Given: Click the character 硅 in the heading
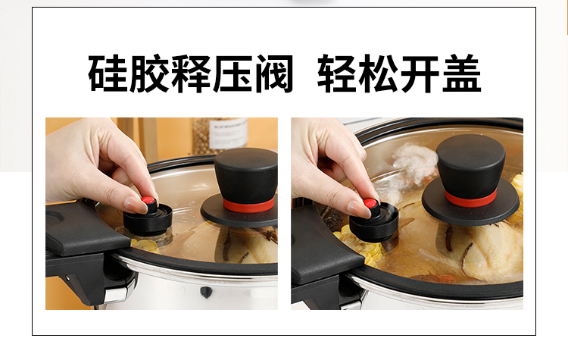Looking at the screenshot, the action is click(108, 74).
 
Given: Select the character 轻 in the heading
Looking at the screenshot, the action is click(337, 74).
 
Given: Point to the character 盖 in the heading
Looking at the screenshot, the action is click(462, 74).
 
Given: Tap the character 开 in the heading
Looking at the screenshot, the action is click(420, 74).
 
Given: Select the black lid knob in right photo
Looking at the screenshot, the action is click(471, 180).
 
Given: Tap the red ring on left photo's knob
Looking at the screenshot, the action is click(248, 205).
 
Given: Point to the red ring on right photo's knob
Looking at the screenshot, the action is click(470, 199).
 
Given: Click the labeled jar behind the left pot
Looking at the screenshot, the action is click(219, 136).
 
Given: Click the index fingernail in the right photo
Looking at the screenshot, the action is click(359, 209).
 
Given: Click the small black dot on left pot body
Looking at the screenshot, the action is click(206, 291).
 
